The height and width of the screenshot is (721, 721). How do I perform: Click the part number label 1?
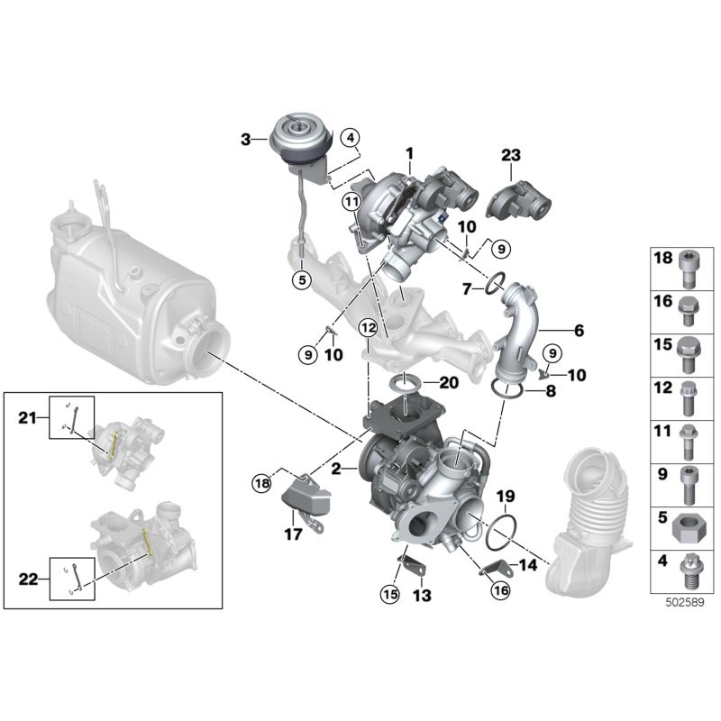(408, 154)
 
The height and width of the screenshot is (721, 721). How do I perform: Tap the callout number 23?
(511, 156)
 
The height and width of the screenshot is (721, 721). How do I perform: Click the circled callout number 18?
(261, 484)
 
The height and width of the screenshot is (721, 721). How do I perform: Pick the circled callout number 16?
(501, 590)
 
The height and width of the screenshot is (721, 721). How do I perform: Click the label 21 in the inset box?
(28, 416)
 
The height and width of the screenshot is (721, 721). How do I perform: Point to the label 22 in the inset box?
(28, 580)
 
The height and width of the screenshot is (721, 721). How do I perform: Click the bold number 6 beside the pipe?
(579, 331)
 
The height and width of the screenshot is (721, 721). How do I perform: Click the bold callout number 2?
(336, 469)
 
